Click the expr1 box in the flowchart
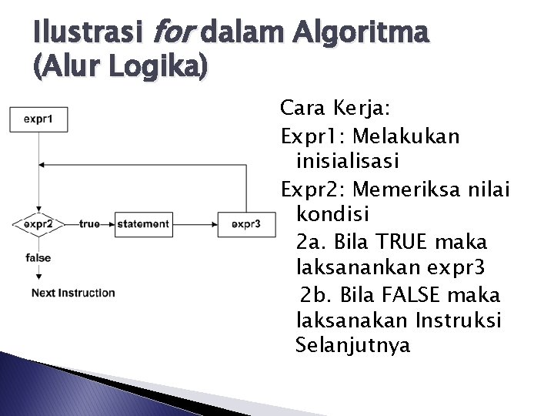point(38,119)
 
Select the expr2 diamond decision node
point(38,224)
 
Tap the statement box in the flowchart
point(143,224)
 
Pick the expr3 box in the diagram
point(245,224)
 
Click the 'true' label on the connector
point(89,224)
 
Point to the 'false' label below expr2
point(38,257)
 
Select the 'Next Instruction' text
point(73,293)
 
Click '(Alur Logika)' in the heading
point(119,68)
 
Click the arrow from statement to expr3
point(195,224)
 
